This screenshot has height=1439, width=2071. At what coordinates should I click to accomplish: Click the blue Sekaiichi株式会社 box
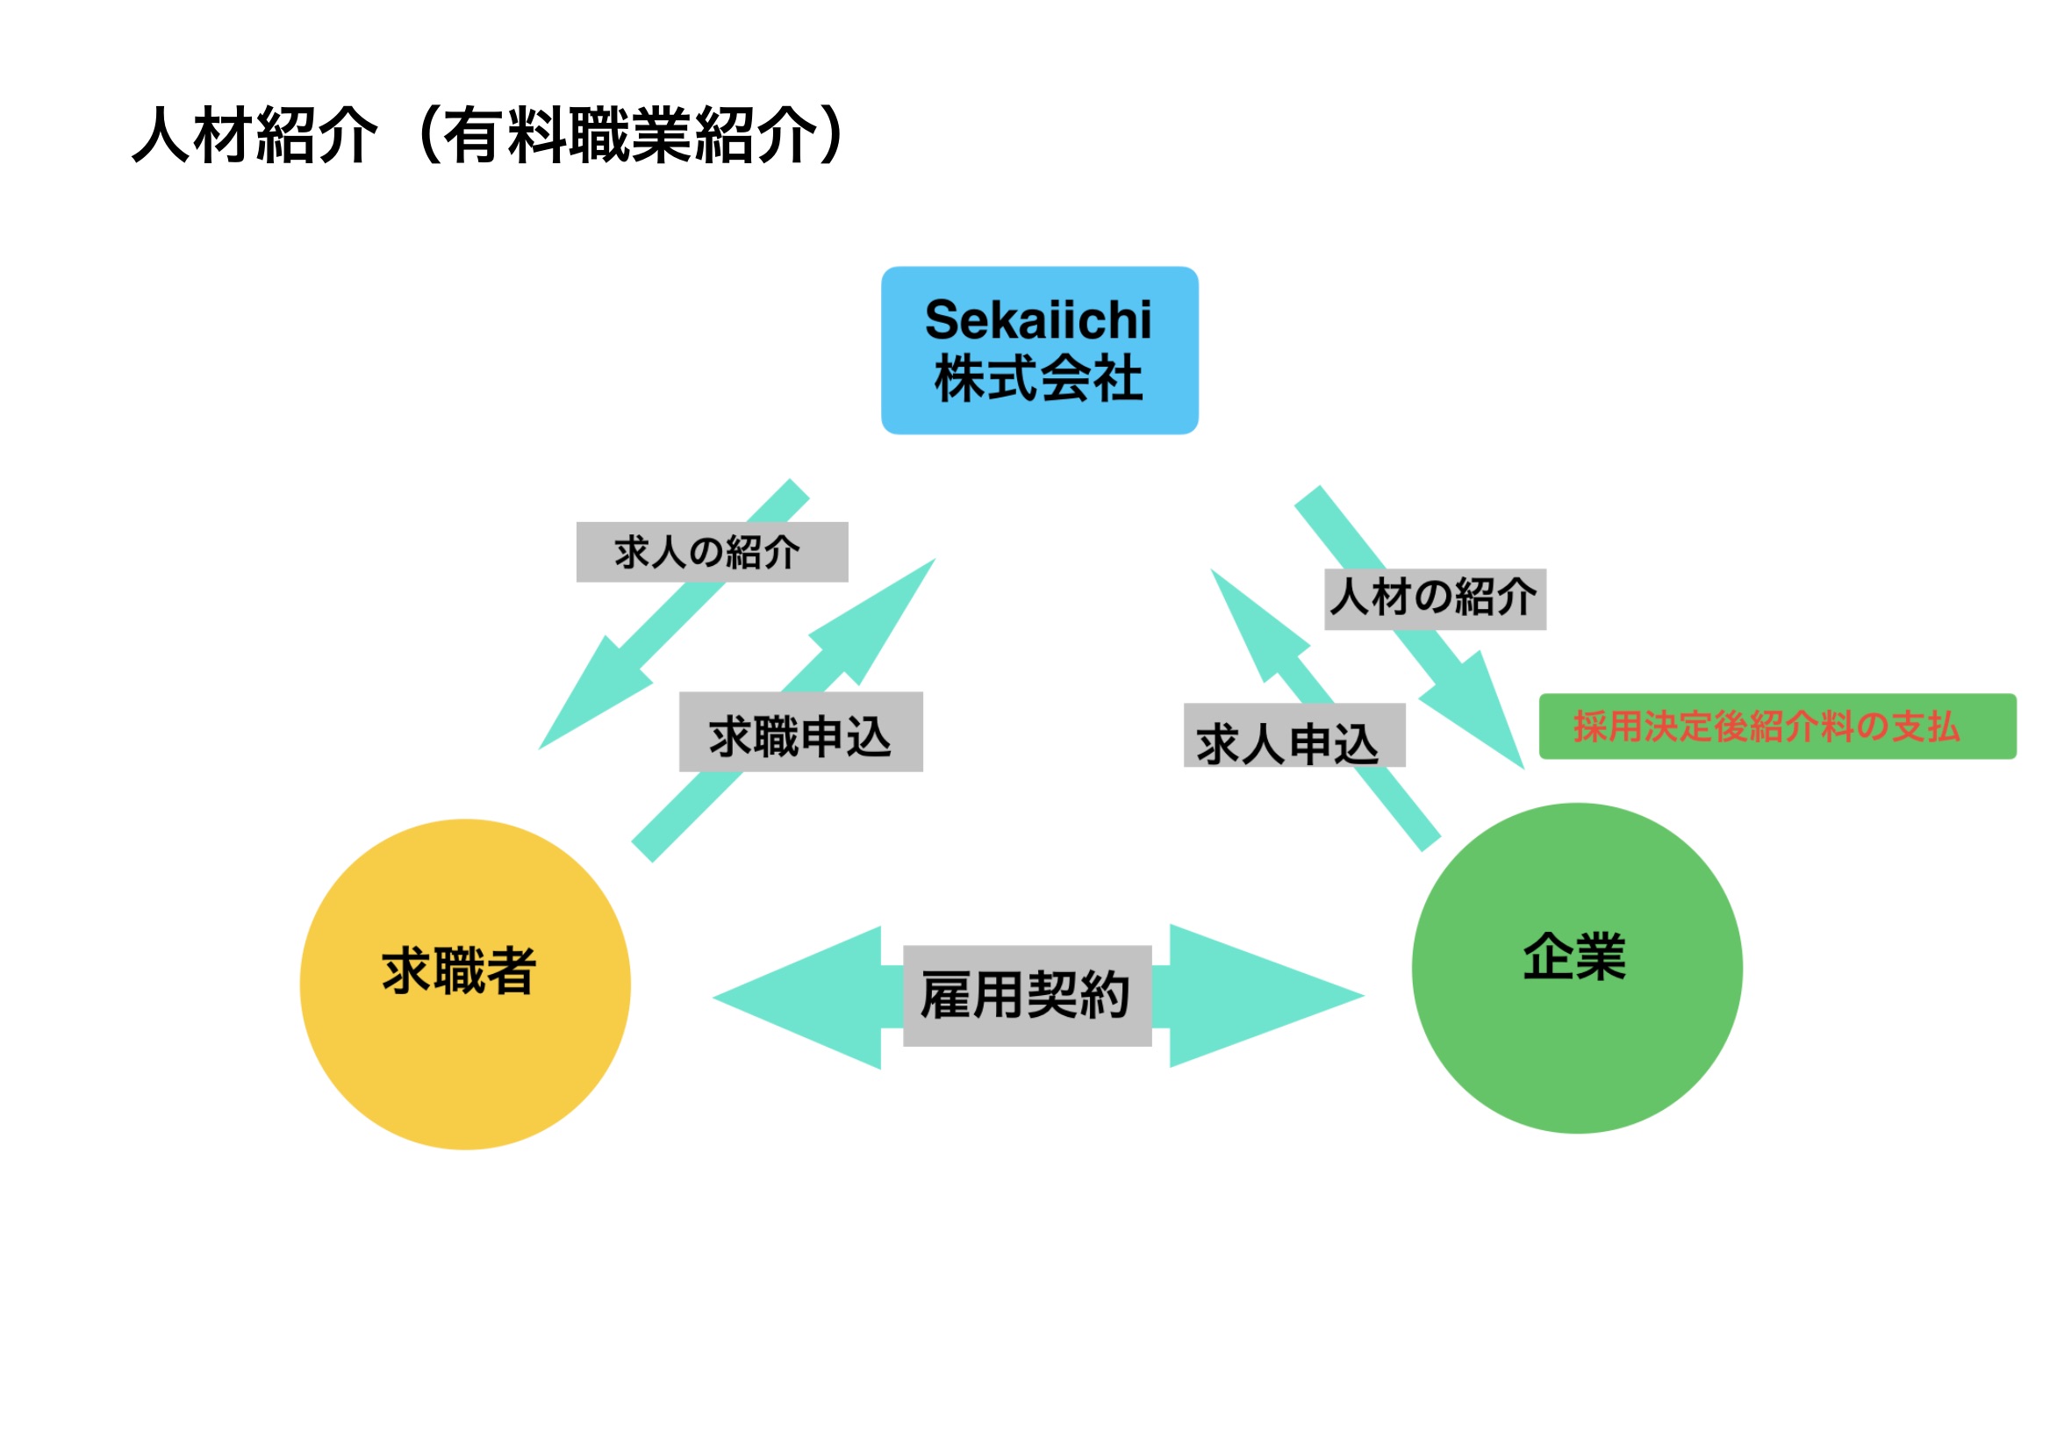click(1039, 350)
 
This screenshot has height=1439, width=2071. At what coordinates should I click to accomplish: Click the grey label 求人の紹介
click(712, 552)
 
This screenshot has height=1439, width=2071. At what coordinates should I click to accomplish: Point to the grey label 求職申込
click(799, 731)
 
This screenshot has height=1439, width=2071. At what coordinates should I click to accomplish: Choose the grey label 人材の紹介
click(1434, 598)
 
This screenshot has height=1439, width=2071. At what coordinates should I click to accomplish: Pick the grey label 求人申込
click(1293, 734)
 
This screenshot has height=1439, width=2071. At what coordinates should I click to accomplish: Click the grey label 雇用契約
click(1026, 995)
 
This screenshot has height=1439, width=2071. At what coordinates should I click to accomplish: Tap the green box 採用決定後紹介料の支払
click(1776, 726)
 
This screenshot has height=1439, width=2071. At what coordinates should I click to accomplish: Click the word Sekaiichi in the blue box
click(1038, 320)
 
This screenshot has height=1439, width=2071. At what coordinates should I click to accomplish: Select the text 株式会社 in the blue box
click(1038, 378)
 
